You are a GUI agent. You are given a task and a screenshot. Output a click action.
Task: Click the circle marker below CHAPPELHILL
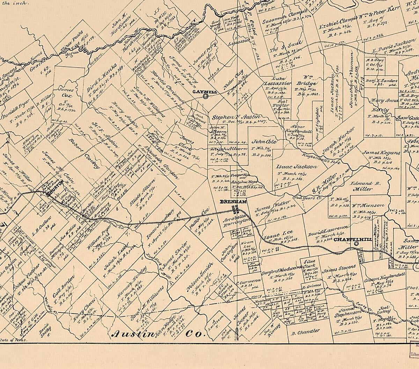click(356, 244)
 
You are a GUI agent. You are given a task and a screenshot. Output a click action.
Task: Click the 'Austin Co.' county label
click(157, 334)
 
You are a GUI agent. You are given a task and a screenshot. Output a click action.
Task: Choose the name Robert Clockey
click(82, 155)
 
